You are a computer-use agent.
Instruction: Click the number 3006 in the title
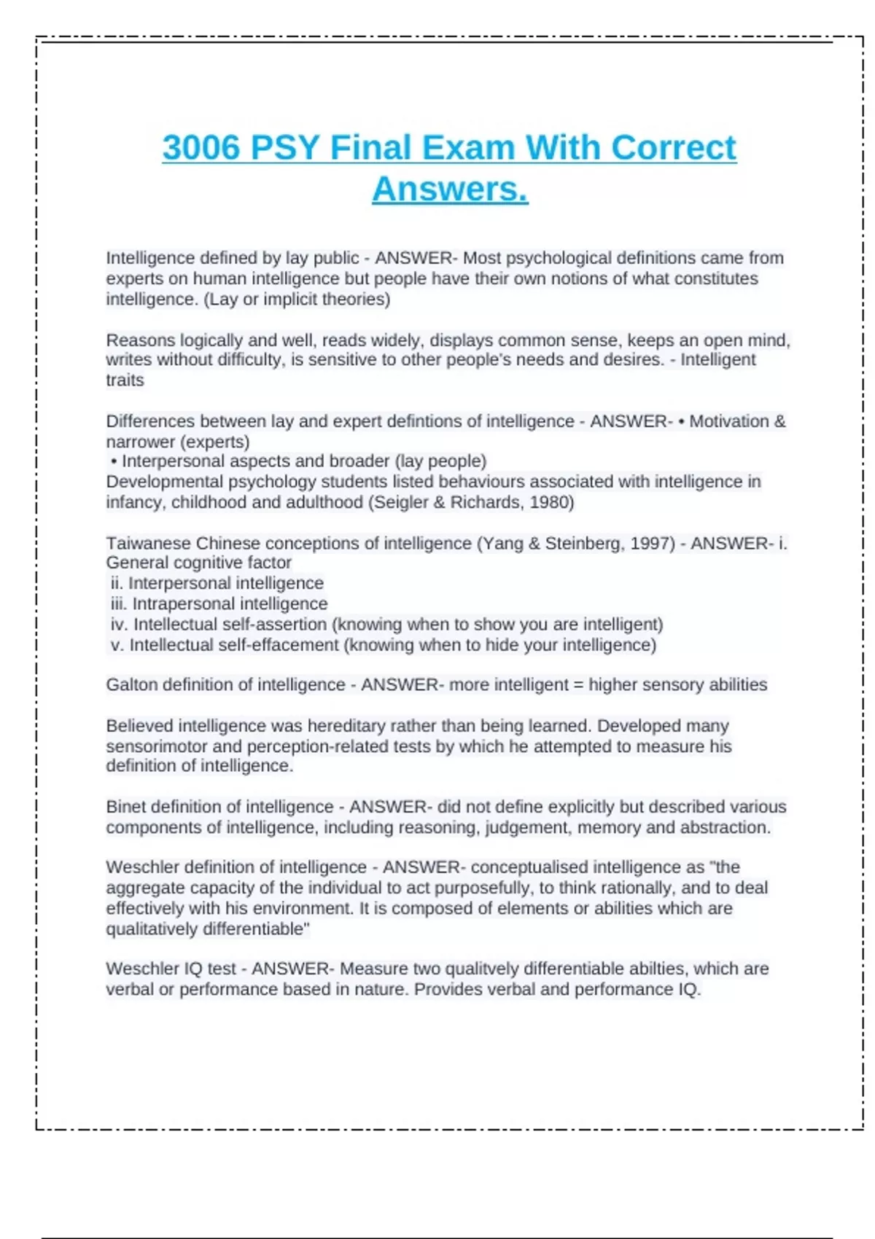201,148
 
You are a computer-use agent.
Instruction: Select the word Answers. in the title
450,189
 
